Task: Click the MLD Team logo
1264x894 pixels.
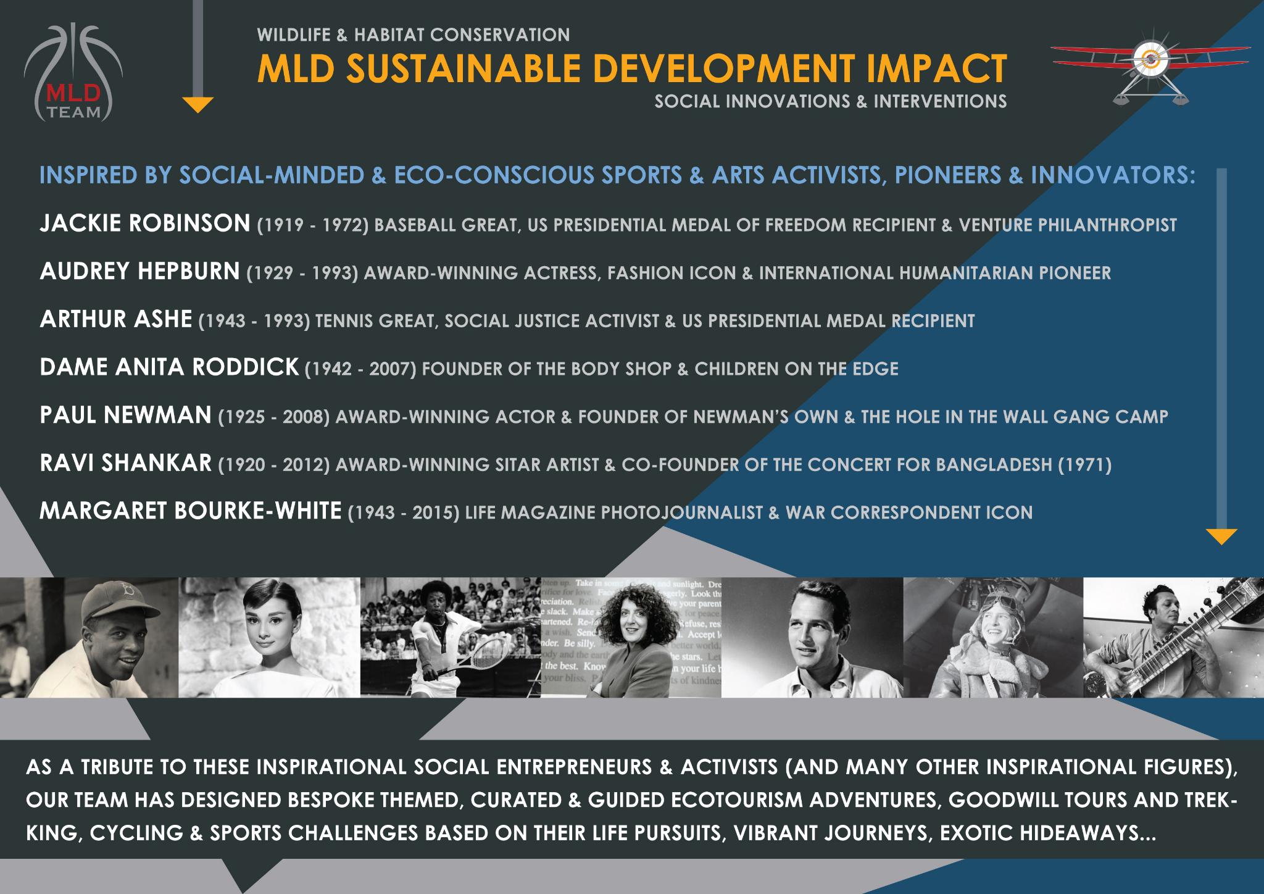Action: pyautogui.click(x=73, y=73)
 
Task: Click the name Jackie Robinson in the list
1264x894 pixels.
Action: pyautogui.click(x=144, y=223)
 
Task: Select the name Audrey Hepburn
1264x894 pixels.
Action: pyautogui.click(x=139, y=271)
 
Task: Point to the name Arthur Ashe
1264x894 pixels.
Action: pyautogui.click(x=116, y=319)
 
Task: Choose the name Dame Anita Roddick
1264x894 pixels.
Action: pyautogui.click(x=169, y=367)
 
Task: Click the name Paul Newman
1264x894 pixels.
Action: pyautogui.click(x=125, y=416)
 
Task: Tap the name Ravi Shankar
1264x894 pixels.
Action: pyautogui.click(x=125, y=463)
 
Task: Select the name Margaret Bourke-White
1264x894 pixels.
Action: pyautogui.click(x=190, y=511)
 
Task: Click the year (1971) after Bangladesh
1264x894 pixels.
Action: pyautogui.click(x=1084, y=464)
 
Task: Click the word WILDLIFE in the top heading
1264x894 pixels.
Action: pyautogui.click(x=294, y=35)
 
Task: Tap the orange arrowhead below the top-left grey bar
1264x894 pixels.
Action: pyautogui.click(x=198, y=105)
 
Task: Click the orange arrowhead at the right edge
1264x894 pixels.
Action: pyautogui.click(x=1221, y=537)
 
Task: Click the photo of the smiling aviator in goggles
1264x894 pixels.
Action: pyautogui.click(x=993, y=638)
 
